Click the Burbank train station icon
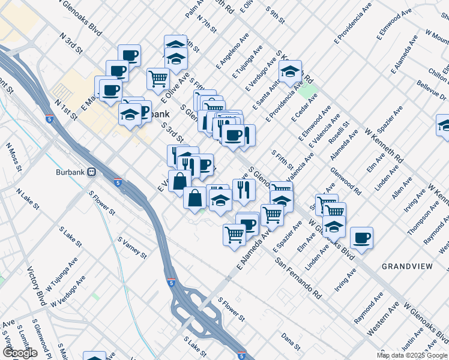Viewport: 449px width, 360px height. (x=92, y=172)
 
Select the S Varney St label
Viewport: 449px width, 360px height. (x=132, y=247)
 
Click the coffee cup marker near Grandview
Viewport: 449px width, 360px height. (x=362, y=238)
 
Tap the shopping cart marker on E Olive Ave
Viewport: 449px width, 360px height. (x=158, y=78)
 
